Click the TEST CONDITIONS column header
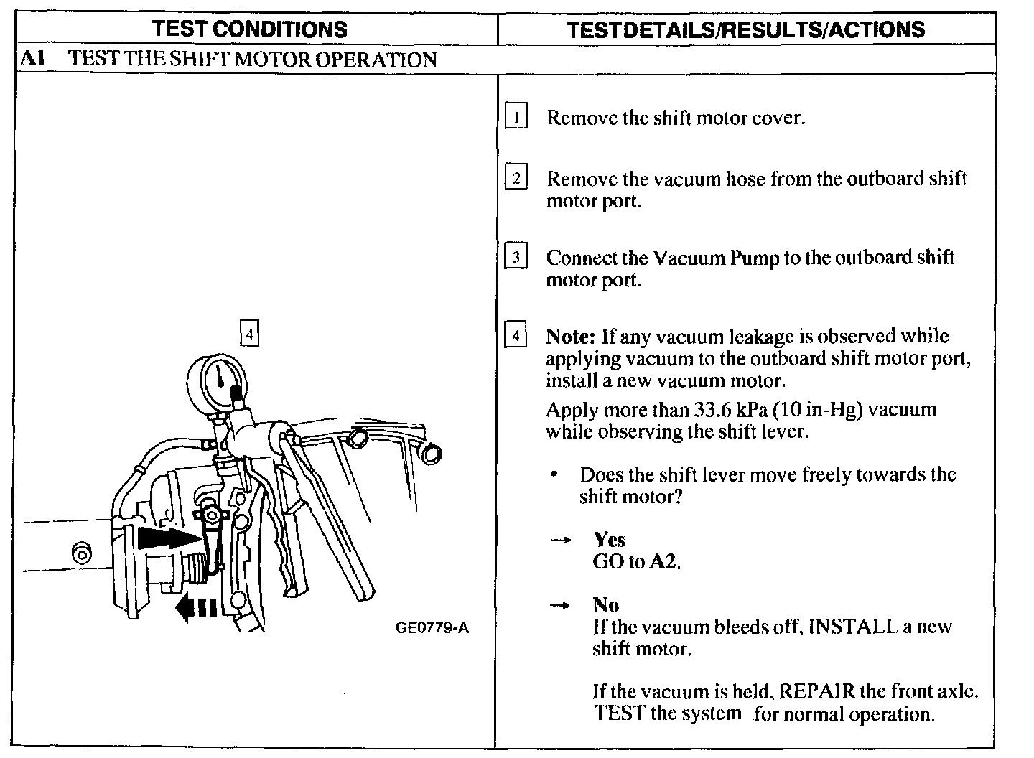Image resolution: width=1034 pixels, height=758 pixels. click(x=250, y=29)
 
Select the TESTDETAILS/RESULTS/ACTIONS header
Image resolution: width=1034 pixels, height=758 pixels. click(x=746, y=29)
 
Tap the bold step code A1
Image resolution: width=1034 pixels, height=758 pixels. click(x=33, y=59)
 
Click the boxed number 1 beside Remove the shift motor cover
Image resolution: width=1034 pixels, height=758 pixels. click(x=516, y=117)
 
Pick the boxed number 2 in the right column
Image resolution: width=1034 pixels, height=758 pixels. click(x=516, y=177)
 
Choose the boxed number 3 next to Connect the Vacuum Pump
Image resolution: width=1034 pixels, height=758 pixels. click(x=516, y=256)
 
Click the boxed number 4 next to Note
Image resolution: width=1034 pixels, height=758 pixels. click(x=516, y=335)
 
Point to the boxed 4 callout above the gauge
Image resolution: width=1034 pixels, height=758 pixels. click(x=248, y=334)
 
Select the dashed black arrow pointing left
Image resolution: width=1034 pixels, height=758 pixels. click(x=196, y=608)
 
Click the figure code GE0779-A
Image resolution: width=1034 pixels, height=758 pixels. click(x=432, y=628)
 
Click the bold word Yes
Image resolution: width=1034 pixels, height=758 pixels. click(x=609, y=540)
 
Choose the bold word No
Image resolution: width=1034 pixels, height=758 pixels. click(x=606, y=605)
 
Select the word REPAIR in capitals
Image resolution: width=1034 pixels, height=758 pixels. click(x=816, y=691)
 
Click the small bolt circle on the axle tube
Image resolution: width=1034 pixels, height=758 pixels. click(x=82, y=553)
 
